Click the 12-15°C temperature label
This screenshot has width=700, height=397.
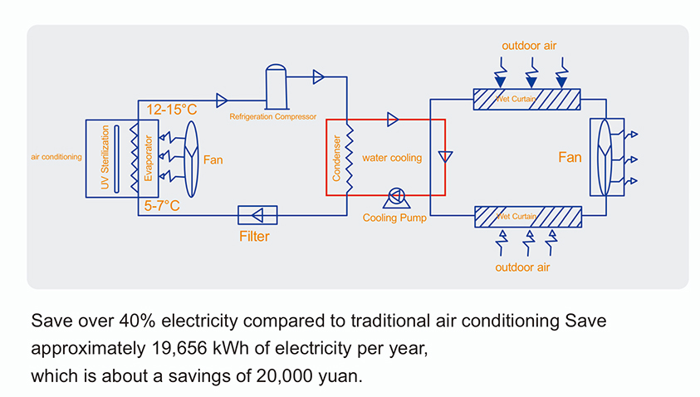(171, 110)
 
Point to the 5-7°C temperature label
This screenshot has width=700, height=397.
(163, 205)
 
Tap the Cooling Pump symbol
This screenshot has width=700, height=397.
(394, 197)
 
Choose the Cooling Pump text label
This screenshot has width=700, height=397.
(394, 218)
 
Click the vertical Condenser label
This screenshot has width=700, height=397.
(337, 159)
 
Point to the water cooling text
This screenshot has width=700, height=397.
(392, 158)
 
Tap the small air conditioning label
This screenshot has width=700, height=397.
(56, 156)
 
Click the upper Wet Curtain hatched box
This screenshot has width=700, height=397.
(527, 99)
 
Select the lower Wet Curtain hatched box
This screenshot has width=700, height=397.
(527, 216)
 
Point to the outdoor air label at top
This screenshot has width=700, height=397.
(529, 45)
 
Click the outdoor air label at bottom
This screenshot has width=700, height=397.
(522, 267)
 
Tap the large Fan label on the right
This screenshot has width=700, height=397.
(570, 157)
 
